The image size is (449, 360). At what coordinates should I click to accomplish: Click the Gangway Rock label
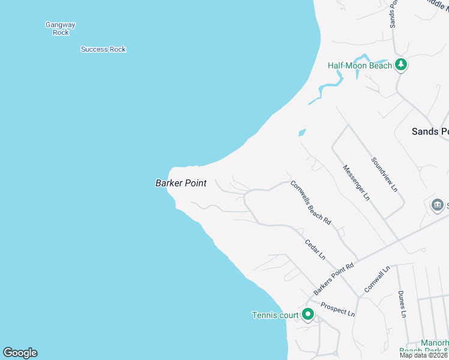61,29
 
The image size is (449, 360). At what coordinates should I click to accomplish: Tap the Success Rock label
103,49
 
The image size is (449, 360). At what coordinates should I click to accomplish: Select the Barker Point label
181,184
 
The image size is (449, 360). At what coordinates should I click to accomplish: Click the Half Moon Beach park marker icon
401,65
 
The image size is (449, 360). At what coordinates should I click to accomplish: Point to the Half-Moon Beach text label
360,65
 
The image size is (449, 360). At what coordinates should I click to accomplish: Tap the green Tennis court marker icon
308,314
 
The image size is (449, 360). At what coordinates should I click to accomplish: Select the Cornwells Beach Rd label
311,202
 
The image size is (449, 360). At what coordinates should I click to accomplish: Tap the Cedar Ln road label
315,249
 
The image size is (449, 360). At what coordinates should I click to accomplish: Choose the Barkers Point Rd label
334,278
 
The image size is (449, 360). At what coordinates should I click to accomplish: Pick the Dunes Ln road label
402,305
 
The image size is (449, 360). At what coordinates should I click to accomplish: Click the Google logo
20,353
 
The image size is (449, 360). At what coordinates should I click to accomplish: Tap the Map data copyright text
424,355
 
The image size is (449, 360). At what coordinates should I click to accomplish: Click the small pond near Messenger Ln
302,133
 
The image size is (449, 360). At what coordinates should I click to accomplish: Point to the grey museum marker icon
438,206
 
